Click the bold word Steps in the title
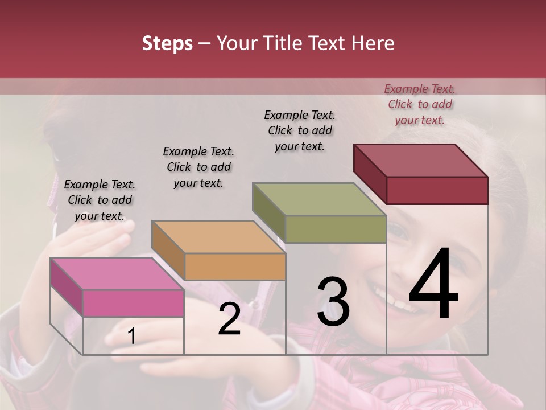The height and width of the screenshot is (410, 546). click(167, 43)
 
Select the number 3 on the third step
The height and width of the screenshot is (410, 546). click(333, 302)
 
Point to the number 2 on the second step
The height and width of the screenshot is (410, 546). click(229, 319)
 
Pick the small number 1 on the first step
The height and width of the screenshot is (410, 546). click(131, 336)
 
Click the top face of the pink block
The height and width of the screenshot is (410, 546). click(117, 273)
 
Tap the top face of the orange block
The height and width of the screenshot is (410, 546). click(218, 237)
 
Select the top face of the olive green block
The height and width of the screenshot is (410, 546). click(320, 199)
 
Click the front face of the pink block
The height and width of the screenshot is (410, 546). click(133, 303)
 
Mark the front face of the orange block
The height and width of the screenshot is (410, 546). click(235, 266)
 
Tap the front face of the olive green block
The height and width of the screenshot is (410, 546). click(336, 229)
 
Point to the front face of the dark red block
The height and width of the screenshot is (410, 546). click(437, 190)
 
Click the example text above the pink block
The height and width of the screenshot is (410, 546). click(100, 200)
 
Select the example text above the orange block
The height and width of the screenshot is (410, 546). click(198, 167)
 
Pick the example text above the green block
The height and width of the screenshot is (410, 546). click(300, 130)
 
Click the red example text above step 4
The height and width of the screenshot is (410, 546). click(420, 104)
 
